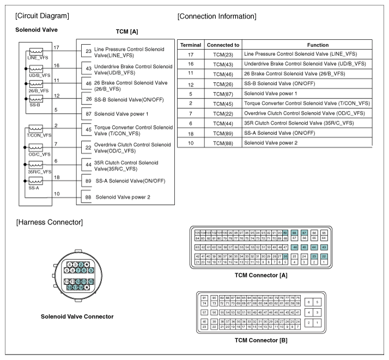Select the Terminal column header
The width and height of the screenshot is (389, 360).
tap(191, 45)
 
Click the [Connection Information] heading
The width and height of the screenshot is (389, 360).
tap(217, 16)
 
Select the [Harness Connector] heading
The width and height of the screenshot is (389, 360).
tap(50, 222)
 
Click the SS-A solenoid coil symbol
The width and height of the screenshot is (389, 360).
tap(36, 181)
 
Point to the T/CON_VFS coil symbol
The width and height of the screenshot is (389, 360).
tap(36, 129)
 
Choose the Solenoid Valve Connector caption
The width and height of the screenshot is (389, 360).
tap(76, 316)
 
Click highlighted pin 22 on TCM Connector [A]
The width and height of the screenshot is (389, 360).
tap(324, 257)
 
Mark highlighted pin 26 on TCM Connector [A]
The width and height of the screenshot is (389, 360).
tap(285, 257)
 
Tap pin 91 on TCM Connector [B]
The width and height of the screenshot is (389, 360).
tap(204, 298)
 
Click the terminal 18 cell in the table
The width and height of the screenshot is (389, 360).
tap(191, 132)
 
